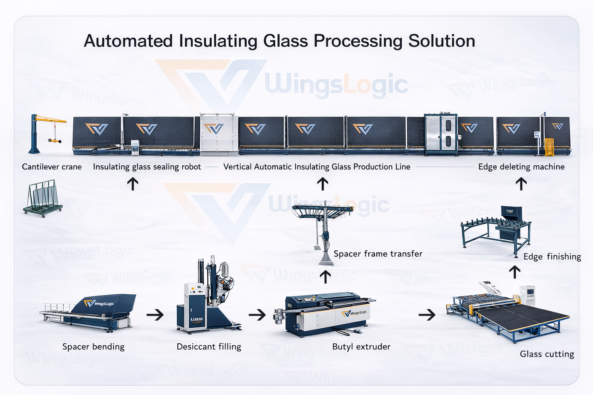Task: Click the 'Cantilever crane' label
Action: click(52, 167)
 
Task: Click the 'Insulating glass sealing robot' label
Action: click(147, 167)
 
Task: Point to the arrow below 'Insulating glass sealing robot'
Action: click(133, 184)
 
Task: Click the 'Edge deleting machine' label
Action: click(521, 167)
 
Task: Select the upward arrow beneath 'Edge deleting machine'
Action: click(521, 184)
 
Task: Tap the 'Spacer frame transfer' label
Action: click(378, 254)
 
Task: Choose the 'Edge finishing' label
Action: click(552, 257)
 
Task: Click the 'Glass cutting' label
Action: click(547, 354)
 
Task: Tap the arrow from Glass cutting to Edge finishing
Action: click(514, 272)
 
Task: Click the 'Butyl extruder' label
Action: click(361, 347)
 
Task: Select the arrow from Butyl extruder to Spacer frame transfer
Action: click(326, 277)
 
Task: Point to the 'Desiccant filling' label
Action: click(209, 347)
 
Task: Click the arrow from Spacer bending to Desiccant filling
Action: click(155, 315)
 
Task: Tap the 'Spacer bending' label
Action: click(93, 347)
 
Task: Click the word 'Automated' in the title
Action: click(128, 41)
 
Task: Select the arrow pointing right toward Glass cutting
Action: click(427, 315)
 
